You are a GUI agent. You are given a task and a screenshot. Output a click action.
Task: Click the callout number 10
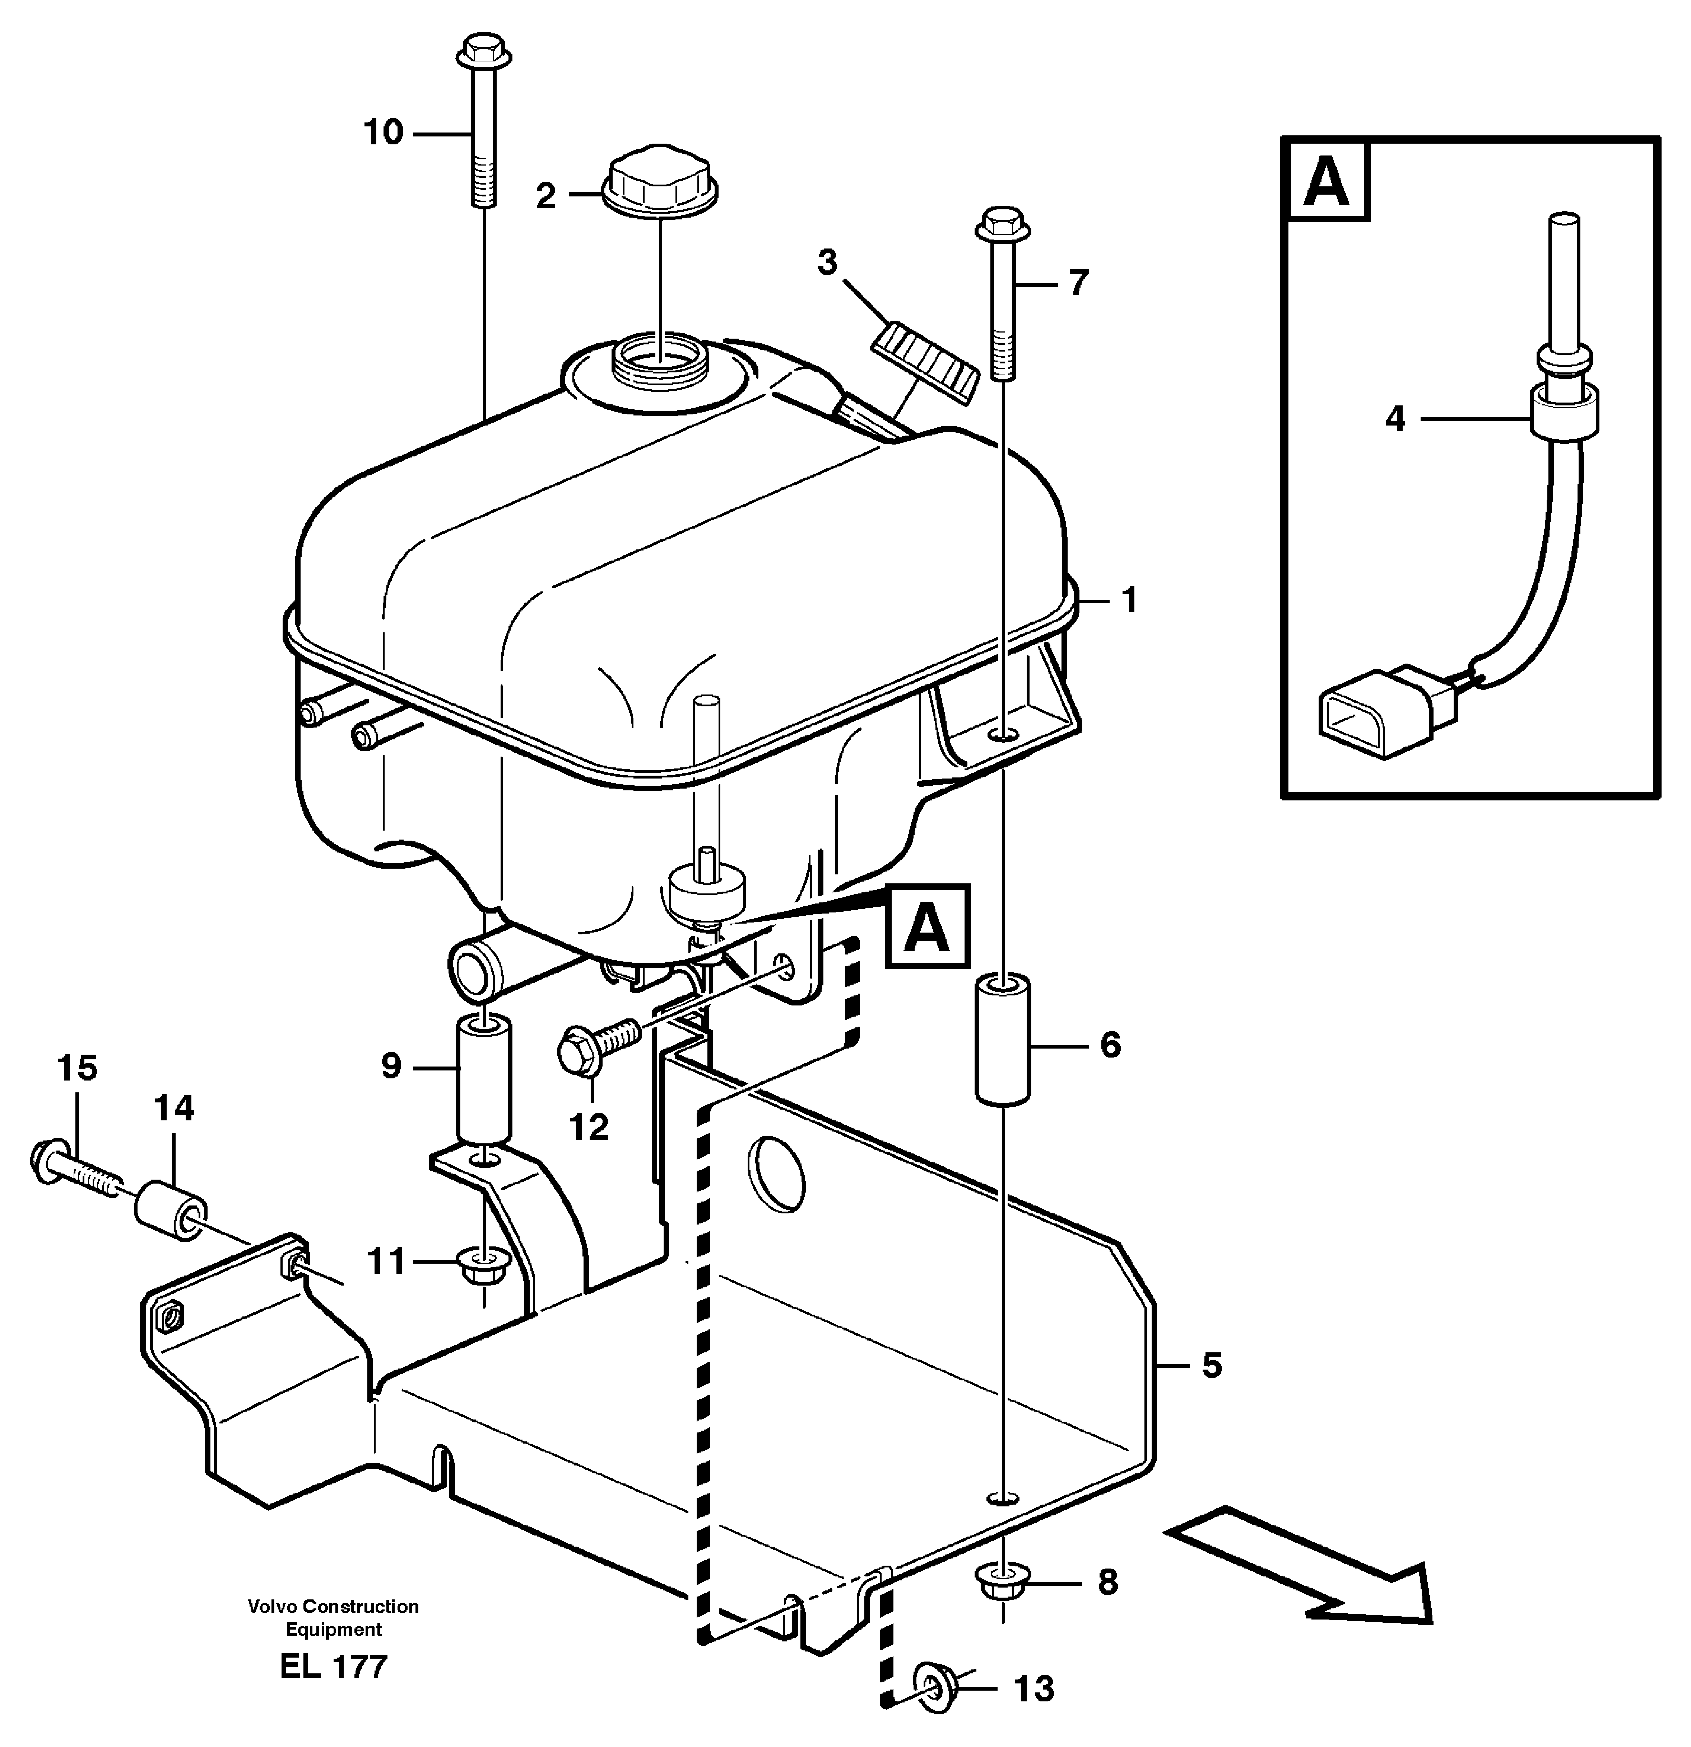tap(383, 133)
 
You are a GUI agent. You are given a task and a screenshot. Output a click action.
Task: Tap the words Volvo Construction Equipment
tap(333, 1618)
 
